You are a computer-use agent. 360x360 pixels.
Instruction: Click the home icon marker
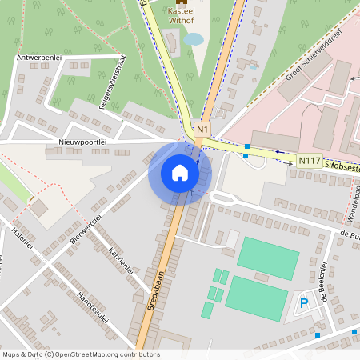point(179,173)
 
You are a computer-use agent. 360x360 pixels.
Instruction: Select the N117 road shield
point(308,161)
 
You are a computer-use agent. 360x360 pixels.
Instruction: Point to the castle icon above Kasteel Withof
point(181,2)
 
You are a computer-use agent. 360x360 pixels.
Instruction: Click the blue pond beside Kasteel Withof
point(193,38)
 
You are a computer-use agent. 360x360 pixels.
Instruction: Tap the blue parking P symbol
point(304,302)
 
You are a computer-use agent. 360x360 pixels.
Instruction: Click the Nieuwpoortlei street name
point(82,141)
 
